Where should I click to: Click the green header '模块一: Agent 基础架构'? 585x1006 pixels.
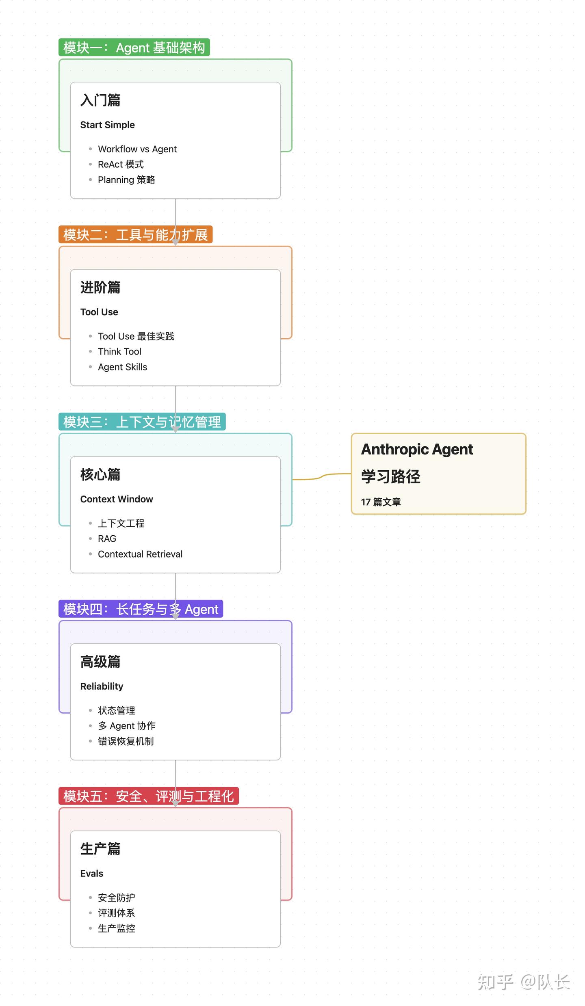[x=134, y=48]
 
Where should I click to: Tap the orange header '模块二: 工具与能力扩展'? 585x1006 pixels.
[x=135, y=235]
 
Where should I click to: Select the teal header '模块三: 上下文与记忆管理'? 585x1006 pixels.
[x=142, y=422]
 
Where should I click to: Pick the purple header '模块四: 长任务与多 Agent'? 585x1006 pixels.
[x=141, y=609]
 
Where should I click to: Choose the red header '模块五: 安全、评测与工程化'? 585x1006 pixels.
[x=148, y=796]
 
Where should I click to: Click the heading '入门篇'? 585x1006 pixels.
[x=100, y=100]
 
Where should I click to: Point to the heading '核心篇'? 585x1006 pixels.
[x=100, y=474]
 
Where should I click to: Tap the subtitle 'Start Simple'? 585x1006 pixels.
[x=107, y=125]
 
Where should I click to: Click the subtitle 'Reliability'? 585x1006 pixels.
[x=102, y=686]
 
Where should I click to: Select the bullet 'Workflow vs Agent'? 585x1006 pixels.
[x=137, y=149]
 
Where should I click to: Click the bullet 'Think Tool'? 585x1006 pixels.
[x=119, y=351]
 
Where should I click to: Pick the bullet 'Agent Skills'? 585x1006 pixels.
[x=122, y=367]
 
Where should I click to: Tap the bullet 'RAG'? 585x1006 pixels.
[x=107, y=539]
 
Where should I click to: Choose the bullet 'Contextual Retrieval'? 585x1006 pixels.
[x=140, y=554]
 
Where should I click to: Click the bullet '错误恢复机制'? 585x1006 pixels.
[x=126, y=741]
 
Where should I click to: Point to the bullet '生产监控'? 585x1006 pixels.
[x=116, y=928]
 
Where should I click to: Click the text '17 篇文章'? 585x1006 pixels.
[x=381, y=502]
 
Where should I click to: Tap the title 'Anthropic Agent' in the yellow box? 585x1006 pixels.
[x=417, y=449]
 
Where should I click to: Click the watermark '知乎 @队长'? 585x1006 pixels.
[x=524, y=982]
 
